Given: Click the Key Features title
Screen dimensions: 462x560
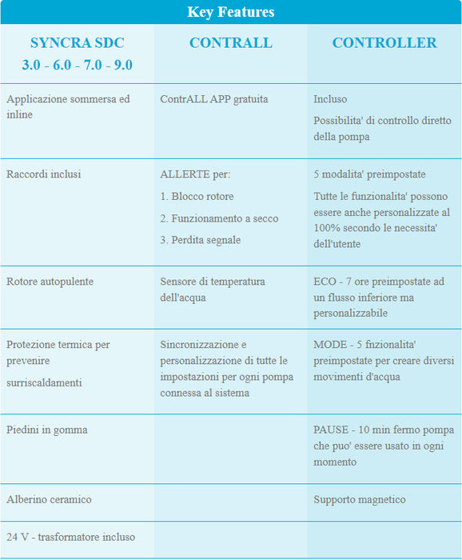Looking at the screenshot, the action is click(230, 12).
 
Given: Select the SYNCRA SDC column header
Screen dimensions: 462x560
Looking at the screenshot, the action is click(77, 42).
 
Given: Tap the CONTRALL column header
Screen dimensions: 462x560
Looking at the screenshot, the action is click(230, 42).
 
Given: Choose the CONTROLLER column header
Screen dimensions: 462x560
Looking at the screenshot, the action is click(384, 42).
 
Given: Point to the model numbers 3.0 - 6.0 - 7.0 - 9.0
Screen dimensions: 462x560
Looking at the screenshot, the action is click(77, 65).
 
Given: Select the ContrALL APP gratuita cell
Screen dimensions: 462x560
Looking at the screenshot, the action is click(213, 99).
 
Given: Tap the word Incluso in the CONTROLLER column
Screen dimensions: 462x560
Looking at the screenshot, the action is click(331, 99).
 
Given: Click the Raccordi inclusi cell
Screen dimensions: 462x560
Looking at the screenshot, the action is click(43, 174).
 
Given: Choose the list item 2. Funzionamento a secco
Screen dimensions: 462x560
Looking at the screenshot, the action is click(219, 218).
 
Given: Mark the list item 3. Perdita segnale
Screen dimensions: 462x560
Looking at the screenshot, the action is click(200, 239).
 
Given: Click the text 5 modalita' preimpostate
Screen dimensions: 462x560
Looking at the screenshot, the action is click(369, 174).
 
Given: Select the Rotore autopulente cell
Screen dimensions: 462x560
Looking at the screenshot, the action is click(50, 282).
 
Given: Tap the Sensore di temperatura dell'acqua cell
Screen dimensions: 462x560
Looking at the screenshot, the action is click(212, 289).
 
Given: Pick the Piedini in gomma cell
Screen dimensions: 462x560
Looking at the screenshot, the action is click(46, 430).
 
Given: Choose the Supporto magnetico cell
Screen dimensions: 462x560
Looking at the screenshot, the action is click(359, 499).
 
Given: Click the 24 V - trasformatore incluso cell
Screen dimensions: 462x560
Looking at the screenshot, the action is click(70, 537).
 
